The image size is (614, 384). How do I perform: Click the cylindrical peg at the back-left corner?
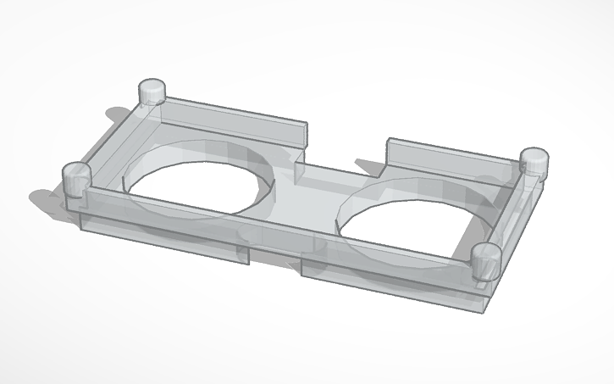pos(152,92)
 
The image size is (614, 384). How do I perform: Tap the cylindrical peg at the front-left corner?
pos(76,181)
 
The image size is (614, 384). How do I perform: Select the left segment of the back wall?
pos(229,119)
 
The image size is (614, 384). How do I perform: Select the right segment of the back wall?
pos(449,157)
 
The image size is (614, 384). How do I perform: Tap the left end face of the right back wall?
pos(387,152)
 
